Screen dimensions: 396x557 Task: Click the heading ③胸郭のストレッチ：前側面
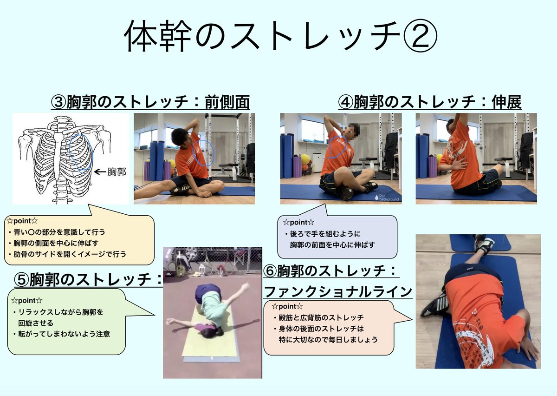coord(150,102)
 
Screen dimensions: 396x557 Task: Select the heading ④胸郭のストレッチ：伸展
coord(430,102)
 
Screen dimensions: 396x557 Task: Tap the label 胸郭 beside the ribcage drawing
coord(117,172)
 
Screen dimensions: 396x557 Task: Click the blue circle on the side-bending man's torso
coord(203,153)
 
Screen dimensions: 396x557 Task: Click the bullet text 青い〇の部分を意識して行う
coord(59,232)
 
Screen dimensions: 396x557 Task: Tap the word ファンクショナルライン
coord(338,291)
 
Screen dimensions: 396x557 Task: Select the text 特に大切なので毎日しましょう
coord(327,339)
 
